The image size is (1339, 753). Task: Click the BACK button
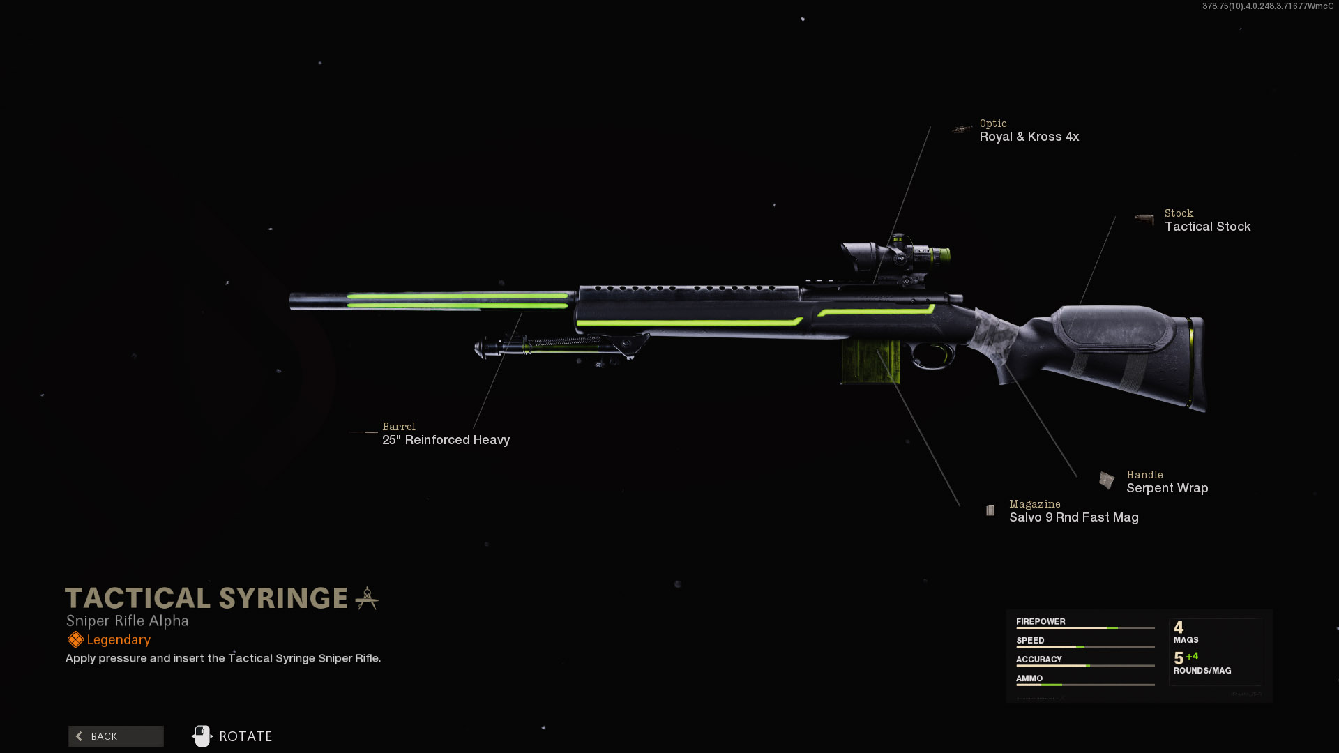[116, 736]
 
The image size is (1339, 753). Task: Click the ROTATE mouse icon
[202, 736]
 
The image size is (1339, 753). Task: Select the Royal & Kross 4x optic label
[1029, 137]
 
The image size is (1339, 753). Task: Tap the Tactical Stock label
[1207, 227]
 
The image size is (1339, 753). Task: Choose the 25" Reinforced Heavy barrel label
[446, 440]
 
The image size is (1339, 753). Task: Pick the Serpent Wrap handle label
[1167, 488]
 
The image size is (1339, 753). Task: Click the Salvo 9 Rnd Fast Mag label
[1073, 517]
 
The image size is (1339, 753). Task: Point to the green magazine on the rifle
[870, 361]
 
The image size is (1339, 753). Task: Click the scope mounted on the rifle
[896, 256]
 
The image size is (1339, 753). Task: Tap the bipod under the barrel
[558, 346]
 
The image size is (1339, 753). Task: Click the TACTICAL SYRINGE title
[206, 598]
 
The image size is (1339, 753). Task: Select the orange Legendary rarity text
[119, 640]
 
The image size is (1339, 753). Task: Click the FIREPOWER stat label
[1041, 622]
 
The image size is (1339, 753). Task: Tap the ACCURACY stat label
[1038, 660]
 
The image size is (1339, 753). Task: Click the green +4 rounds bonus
[1192, 656]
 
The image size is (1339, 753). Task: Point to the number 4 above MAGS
[1179, 627]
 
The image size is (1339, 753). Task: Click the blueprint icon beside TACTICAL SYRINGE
[367, 598]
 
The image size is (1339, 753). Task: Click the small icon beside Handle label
[1106, 480]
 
